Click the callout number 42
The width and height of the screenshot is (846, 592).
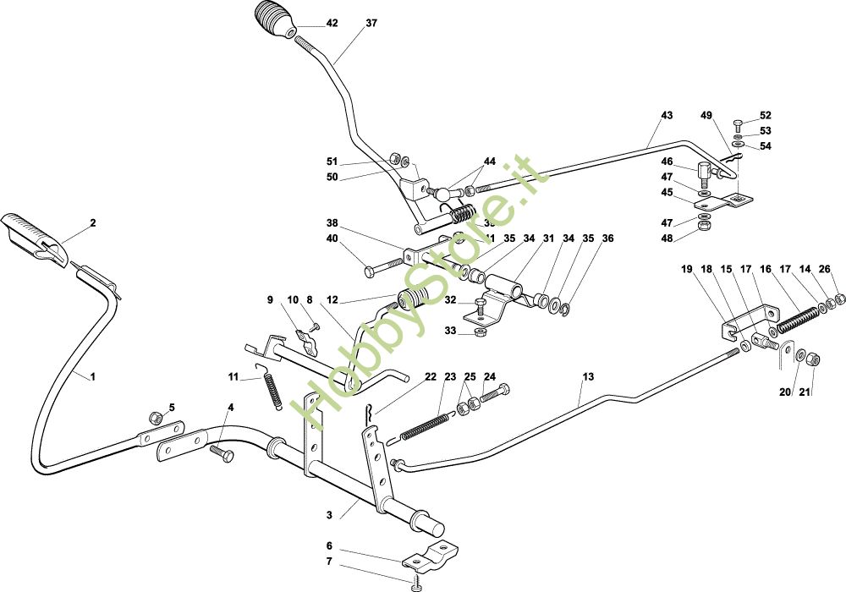pyautogui.click(x=332, y=24)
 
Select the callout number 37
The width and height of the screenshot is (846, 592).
pyautogui.click(x=371, y=24)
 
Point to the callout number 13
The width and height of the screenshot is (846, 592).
pyautogui.click(x=588, y=376)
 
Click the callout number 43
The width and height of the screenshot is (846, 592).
pyautogui.click(x=667, y=115)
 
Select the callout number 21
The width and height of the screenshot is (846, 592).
pyautogui.click(x=805, y=392)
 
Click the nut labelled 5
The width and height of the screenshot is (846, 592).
pyautogui.click(x=155, y=418)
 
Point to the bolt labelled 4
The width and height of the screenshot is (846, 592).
pyautogui.click(x=225, y=455)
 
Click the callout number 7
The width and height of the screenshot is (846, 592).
pyautogui.click(x=329, y=562)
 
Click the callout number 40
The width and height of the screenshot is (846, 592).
pyautogui.click(x=332, y=239)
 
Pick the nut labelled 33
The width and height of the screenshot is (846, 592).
pyautogui.click(x=477, y=331)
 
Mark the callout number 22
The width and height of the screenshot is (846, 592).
pyautogui.click(x=431, y=376)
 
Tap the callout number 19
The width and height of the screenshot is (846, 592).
pyautogui.click(x=686, y=269)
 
